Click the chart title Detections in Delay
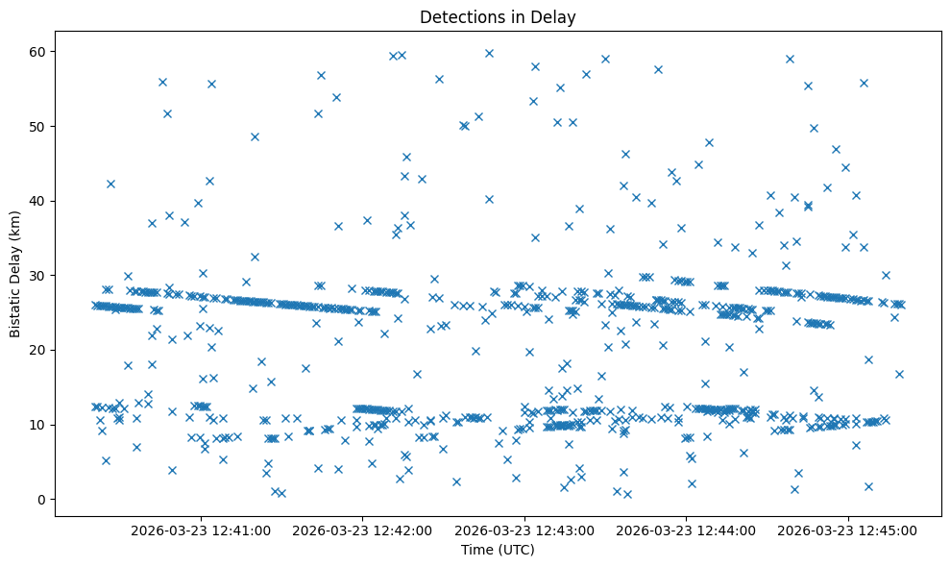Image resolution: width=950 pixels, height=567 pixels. (498, 17)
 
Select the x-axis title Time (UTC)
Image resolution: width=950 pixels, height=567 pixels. (498, 551)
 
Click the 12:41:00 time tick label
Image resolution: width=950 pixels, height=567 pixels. (202, 530)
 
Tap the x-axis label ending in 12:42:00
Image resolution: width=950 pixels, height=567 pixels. (363, 530)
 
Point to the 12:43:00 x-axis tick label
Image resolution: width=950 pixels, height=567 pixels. (525, 530)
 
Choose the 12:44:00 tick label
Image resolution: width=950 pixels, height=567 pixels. (687, 530)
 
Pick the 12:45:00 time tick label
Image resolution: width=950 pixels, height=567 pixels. (848, 530)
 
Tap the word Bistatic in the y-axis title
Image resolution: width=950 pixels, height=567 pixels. (15, 310)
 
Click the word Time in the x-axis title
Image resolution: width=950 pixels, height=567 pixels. (476, 551)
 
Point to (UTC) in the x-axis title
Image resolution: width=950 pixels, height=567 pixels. (515, 551)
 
